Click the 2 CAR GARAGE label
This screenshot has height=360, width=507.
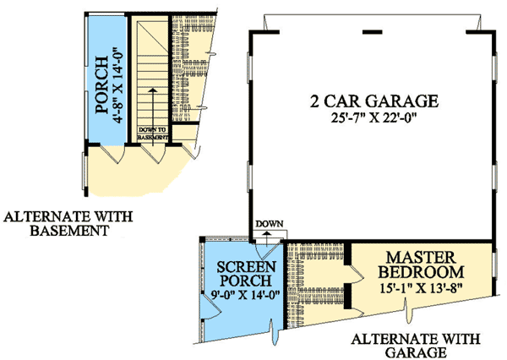click(x=374, y=101)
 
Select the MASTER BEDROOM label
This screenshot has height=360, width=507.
click(x=421, y=265)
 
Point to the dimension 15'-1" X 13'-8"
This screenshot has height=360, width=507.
click(x=421, y=287)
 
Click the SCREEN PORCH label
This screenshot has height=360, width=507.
click(x=246, y=274)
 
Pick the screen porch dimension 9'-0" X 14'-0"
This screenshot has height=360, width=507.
click(x=245, y=295)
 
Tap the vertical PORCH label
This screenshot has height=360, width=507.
click(x=102, y=85)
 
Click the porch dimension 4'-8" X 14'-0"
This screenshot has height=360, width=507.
click(x=117, y=85)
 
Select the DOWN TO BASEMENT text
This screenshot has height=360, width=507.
click(x=153, y=134)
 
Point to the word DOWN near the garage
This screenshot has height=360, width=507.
click(x=270, y=223)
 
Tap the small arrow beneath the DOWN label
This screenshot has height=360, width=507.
click(x=267, y=237)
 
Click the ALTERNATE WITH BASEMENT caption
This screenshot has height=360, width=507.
click(x=68, y=223)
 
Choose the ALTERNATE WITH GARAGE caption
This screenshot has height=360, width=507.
click(x=416, y=346)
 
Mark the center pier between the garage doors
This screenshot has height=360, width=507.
click(x=372, y=32)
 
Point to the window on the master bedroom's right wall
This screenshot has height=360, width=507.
click(x=494, y=265)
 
